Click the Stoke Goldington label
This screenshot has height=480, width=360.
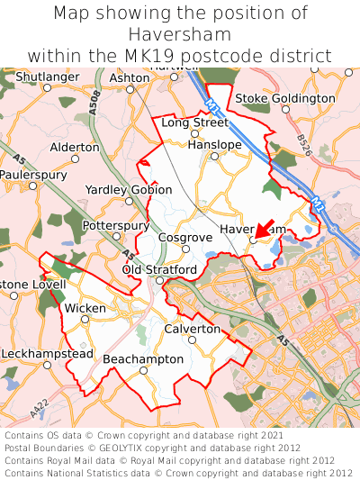(x=284, y=98)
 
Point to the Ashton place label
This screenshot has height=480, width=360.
(x=129, y=78)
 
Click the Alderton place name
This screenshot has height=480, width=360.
(x=75, y=147)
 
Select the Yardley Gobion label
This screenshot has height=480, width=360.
(x=128, y=190)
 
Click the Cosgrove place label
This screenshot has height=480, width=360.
(x=184, y=236)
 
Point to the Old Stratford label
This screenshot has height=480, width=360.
(x=159, y=270)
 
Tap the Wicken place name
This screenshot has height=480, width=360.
(x=85, y=308)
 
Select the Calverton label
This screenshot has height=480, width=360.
(x=192, y=330)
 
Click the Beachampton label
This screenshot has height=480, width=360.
(x=143, y=359)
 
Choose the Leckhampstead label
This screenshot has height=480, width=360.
(x=46, y=354)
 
